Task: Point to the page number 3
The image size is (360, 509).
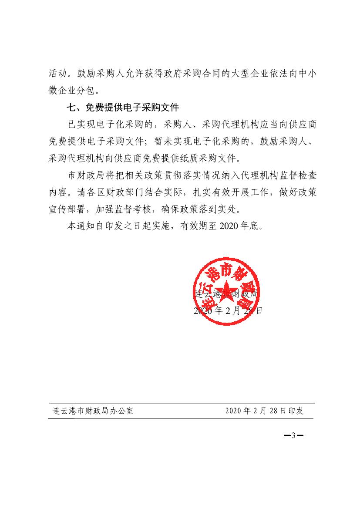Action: point(293,436)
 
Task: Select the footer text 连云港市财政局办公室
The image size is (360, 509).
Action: point(91,411)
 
